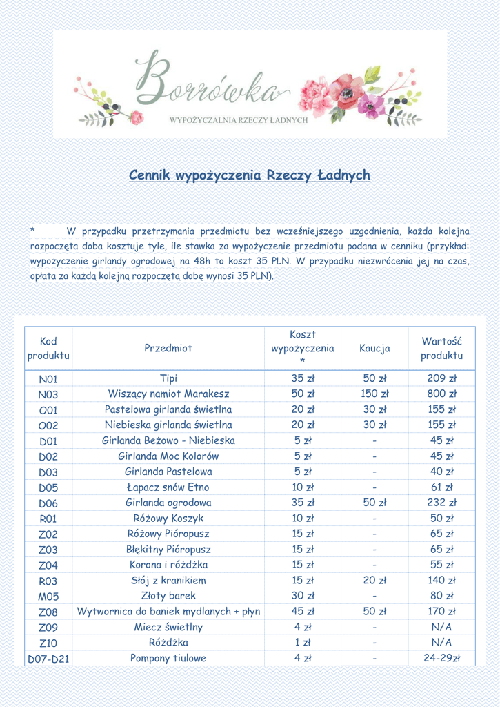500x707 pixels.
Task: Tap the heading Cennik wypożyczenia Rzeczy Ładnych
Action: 250,175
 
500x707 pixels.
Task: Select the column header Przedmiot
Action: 168,348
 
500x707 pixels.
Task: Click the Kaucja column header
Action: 374,348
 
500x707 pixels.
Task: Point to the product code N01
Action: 48,379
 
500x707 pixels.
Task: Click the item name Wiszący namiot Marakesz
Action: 168,394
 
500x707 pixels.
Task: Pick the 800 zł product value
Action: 442,394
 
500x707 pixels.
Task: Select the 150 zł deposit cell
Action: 374,394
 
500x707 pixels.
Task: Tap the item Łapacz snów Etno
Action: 168,487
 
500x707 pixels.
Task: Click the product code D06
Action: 48,503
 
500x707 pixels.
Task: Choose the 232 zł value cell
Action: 442,503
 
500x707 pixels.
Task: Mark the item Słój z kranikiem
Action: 168,581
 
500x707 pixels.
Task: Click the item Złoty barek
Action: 168,596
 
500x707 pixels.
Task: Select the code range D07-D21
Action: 48,659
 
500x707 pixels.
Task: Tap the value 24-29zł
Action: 442,658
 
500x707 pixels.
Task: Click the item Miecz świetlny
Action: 168,627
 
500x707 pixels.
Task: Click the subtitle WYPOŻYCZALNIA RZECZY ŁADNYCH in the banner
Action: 238,120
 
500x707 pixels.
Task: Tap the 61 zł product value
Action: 442,487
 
